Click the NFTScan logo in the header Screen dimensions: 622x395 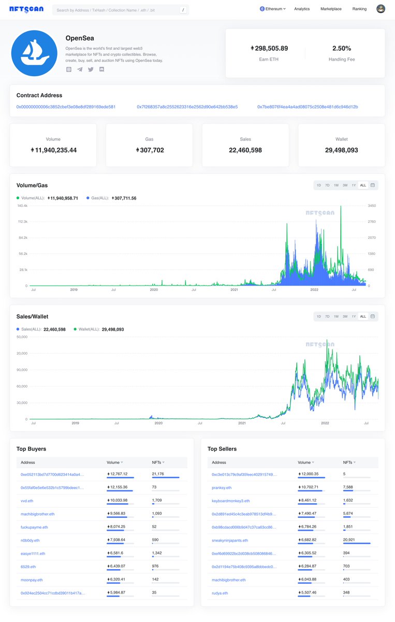pos(26,9)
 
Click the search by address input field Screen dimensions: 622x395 pos(116,10)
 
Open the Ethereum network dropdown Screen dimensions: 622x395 pos(273,9)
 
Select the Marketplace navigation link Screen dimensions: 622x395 pos(331,9)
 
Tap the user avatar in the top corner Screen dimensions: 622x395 pos(381,9)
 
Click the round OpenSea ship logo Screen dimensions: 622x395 pos(34,53)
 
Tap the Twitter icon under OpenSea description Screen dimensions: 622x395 pos(91,69)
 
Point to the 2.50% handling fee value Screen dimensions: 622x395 pos(342,48)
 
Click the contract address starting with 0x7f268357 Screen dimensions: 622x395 pos(187,107)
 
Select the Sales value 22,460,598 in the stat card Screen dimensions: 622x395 pos(245,150)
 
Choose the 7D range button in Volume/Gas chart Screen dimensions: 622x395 pos(327,185)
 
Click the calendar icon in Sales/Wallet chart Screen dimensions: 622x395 pos(373,316)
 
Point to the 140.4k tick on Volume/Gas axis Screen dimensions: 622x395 pos(22,206)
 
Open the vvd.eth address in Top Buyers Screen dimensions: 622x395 pos(27,501)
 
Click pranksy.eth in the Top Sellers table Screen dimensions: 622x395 pos(222,488)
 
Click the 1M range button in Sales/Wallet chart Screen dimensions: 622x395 pos(336,316)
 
